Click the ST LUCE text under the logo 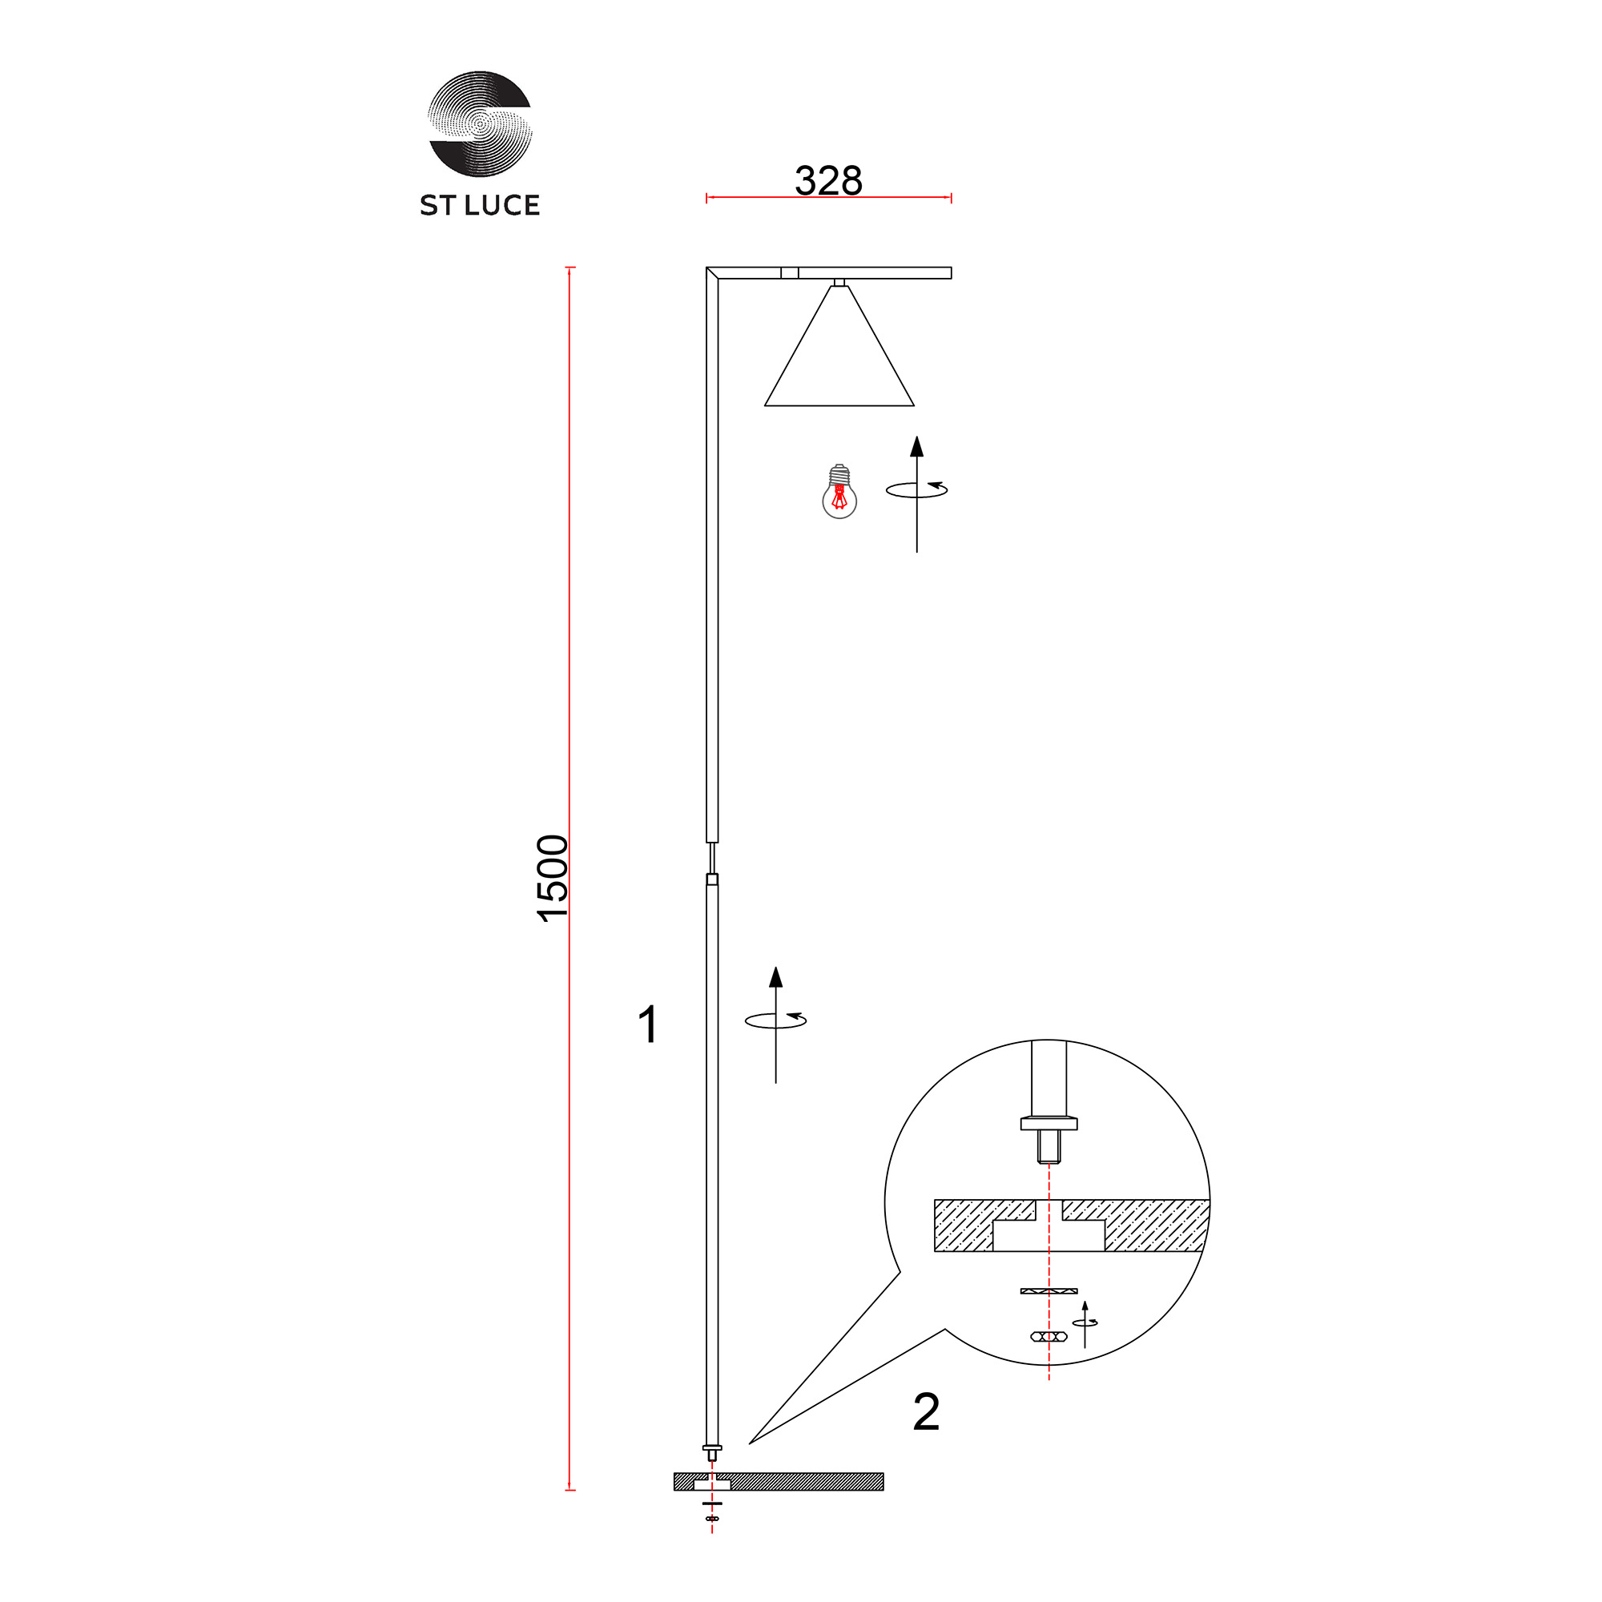tap(479, 205)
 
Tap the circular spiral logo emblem tap(479, 123)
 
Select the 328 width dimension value tap(828, 180)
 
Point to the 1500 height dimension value tap(553, 878)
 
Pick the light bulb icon tap(839, 492)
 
